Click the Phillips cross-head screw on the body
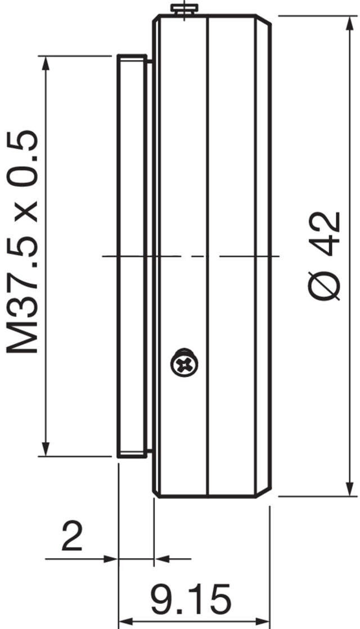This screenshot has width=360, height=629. point(184,364)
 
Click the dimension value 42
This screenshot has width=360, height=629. point(326,231)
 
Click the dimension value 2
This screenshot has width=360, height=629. point(71,537)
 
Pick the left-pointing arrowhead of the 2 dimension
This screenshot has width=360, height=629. point(162,559)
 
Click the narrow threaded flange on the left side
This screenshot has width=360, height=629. point(132,256)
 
